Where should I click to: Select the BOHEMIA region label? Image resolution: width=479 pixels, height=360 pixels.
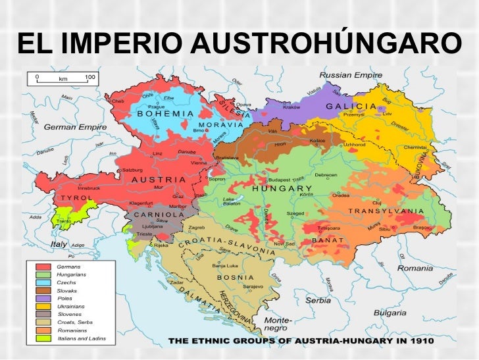[x=165, y=113]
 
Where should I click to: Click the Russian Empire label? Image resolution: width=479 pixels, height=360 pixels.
[x=351, y=76]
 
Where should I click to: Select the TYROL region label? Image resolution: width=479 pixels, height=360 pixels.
[x=77, y=198]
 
